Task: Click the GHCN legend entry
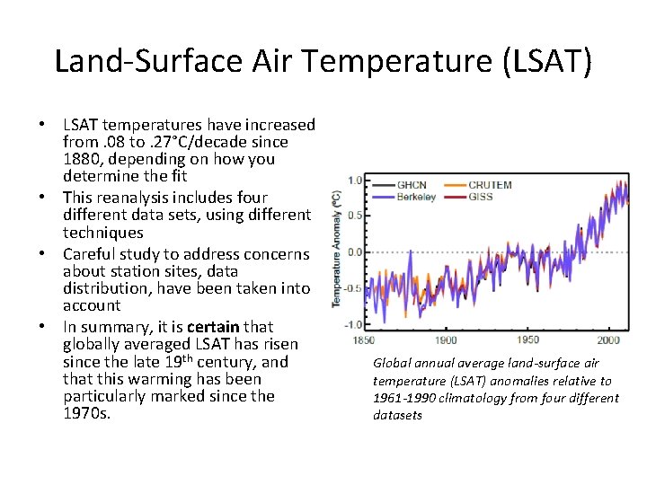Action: (x=411, y=185)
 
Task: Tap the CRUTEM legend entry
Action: (x=490, y=185)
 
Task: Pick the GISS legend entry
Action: (x=483, y=197)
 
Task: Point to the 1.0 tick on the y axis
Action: (x=355, y=181)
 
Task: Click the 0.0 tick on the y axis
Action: (x=355, y=252)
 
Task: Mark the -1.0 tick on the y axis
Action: (x=354, y=324)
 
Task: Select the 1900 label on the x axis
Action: (x=445, y=340)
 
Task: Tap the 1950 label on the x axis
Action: (x=528, y=340)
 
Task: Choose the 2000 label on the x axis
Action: (x=608, y=340)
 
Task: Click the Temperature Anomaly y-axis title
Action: (x=336, y=249)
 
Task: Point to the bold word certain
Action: (x=213, y=327)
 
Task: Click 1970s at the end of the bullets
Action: (x=86, y=414)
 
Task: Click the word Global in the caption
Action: (x=393, y=364)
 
